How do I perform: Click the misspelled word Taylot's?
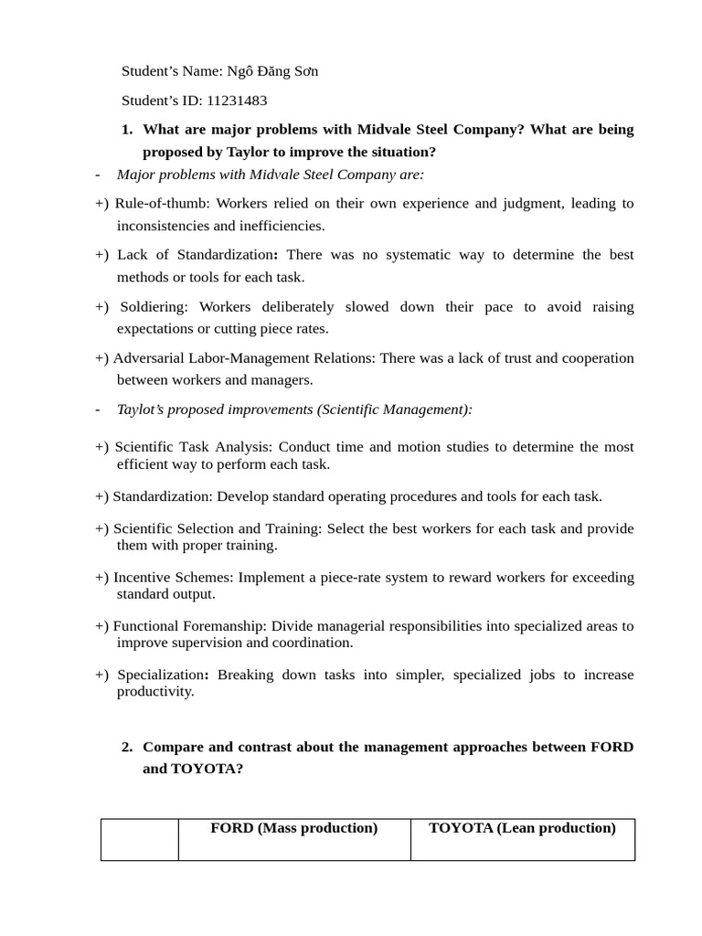(142, 409)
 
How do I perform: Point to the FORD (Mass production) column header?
(293, 828)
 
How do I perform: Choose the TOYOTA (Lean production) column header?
(522, 828)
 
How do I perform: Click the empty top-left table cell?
(139, 839)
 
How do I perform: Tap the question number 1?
(127, 130)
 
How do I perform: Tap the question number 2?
(127, 747)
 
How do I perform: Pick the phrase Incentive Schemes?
(173, 578)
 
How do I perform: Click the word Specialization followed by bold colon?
(161, 675)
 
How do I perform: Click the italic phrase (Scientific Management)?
(395, 409)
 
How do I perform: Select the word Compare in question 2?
(173, 747)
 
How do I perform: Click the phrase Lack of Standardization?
(196, 255)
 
